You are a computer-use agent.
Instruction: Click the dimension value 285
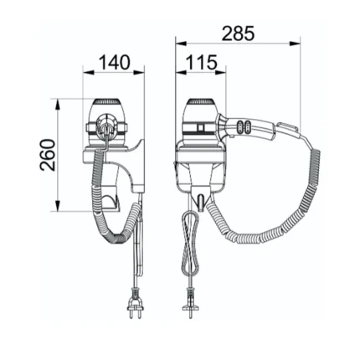click(238, 33)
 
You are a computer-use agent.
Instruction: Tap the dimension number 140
click(115, 62)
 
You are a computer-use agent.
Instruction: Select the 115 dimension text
click(202, 62)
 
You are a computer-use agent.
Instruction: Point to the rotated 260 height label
click(47, 155)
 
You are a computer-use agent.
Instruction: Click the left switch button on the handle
click(239, 126)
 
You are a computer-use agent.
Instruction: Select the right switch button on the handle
click(247, 126)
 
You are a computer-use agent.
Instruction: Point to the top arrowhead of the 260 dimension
click(58, 105)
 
